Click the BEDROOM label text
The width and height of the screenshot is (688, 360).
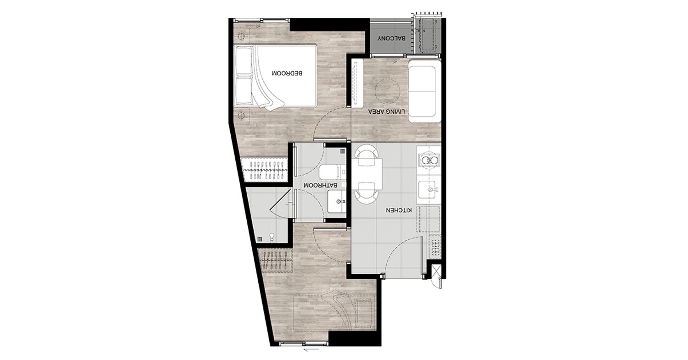(287, 73)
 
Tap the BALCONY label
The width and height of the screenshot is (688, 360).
(391, 39)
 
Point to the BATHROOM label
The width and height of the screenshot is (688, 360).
(320, 186)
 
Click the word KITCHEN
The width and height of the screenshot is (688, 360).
(399, 210)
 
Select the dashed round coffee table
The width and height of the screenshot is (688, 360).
(387, 91)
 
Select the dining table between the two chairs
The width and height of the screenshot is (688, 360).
(367, 173)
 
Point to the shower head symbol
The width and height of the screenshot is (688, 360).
(56, 237)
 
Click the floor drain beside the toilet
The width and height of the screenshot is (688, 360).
(342, 151)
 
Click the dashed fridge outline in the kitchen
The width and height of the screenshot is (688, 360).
(428, 219)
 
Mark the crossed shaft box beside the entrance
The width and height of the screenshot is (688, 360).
(436, 270)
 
